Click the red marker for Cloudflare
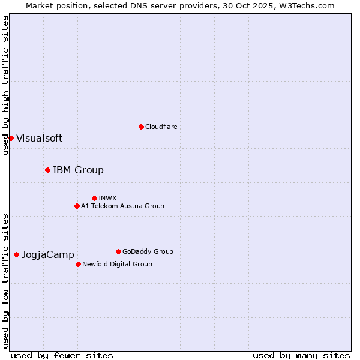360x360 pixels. [x=141, y=127]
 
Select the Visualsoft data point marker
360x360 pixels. [x=11, y=138]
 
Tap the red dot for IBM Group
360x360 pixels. [x=47, y=170]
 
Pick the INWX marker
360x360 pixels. [x=94, y=198]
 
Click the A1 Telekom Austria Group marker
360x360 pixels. [x=77, y=206]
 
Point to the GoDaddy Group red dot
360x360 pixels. [x=118, y=251]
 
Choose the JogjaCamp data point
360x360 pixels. [x=16, y=254]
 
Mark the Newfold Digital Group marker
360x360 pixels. [x=78, y=264]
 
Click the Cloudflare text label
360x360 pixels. [x=161, y=127]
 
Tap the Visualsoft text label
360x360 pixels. [x=39, y=138]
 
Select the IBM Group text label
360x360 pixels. [x=78, y=170]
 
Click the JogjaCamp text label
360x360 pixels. [x=47, y=254]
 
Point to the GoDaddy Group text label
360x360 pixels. [x=148, y=251]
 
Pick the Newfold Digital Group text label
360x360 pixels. [x=117, y=264]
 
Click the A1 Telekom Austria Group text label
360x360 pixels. [x=122, y=206]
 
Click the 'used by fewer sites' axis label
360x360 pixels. [x=62, y=355]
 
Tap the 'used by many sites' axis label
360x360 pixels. [x=301, y=355]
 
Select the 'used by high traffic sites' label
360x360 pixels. [x=5, y=85]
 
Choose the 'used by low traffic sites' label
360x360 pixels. [x=5, y=280]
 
